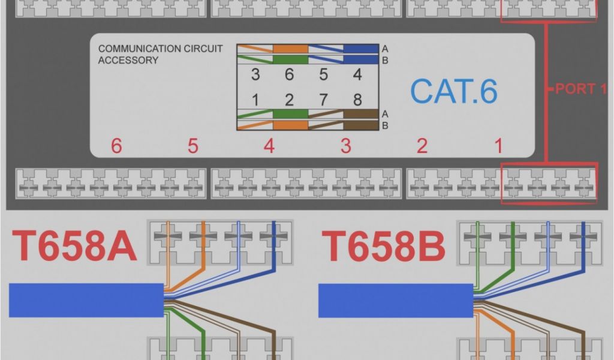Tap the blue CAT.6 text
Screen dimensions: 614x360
[x=454, y=91]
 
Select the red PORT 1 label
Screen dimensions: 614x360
[x=580, y=89]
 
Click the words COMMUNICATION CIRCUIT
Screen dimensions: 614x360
[x=160, y=49]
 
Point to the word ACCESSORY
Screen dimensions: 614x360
[x=128, y=60]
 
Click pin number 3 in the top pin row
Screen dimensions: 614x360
[x=255, y=75]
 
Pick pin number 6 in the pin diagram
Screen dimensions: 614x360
[x=289, y=75]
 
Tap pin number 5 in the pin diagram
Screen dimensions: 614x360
[x=324, y=75]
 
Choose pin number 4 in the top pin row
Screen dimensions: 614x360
[x=357, y=75]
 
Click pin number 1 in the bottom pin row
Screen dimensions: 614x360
[x=255, y=99]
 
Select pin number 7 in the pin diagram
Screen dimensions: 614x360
[x=324, y=99]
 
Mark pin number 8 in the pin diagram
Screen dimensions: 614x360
[x=357, y=99]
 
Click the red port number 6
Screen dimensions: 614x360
[x=116, y=146]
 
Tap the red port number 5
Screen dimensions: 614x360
[x=192, y=146]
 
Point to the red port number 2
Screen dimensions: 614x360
[x=422, y=146]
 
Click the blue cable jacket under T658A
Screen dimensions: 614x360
[x=86, y=300]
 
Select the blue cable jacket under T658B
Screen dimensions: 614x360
[x=396, y=300]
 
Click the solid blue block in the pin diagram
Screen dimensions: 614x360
[x=361, y=49]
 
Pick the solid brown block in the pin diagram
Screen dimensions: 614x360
[x=361, y=114]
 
